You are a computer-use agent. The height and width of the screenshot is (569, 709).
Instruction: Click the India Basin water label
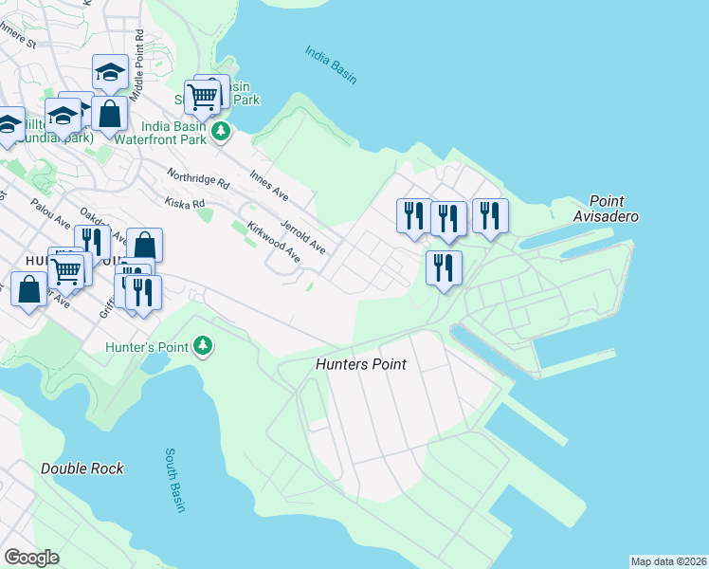pos(331,64)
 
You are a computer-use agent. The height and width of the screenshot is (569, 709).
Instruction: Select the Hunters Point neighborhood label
pos(360,364)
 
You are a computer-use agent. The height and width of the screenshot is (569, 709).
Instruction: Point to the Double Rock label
pos(82,468)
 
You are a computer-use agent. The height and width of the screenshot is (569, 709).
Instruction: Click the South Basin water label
pos(175,481)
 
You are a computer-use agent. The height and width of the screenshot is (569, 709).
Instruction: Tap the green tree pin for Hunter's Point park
pos(202,346)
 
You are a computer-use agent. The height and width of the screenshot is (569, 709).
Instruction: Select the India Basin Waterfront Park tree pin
pos(221,131)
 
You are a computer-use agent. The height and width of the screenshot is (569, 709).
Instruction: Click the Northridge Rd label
pos(198,177)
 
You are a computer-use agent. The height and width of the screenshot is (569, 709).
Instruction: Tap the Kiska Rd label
pos(185,203)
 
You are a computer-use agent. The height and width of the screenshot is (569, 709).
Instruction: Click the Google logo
pos(31,558)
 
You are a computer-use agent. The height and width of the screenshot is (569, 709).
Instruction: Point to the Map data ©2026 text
pos(668,560)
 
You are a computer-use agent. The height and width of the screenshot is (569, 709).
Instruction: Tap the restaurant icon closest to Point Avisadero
pos(489,215)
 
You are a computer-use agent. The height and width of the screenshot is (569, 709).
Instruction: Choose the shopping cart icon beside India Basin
pos(203,96)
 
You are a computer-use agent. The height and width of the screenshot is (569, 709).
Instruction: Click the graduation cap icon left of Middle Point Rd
pos(110,73)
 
